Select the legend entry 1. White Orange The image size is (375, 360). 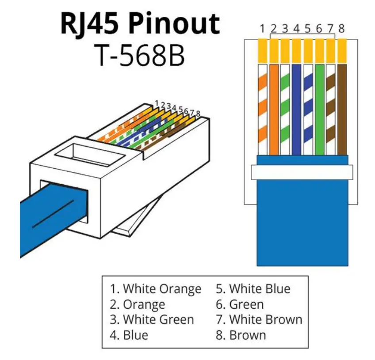click(x=156, y=289)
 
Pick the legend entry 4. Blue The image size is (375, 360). click(x=129, y=335)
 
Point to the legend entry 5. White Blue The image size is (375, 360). click(x=253, y=289)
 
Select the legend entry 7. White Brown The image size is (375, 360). click(x=259, y=320)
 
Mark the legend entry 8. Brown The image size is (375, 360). click(x=241, y=335)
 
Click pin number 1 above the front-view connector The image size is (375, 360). click(x=262, y=29)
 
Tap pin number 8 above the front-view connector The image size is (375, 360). click(x=341, y=29)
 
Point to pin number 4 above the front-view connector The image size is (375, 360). click(x=296, y=29)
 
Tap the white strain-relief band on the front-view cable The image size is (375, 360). click(x=302, y=172)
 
